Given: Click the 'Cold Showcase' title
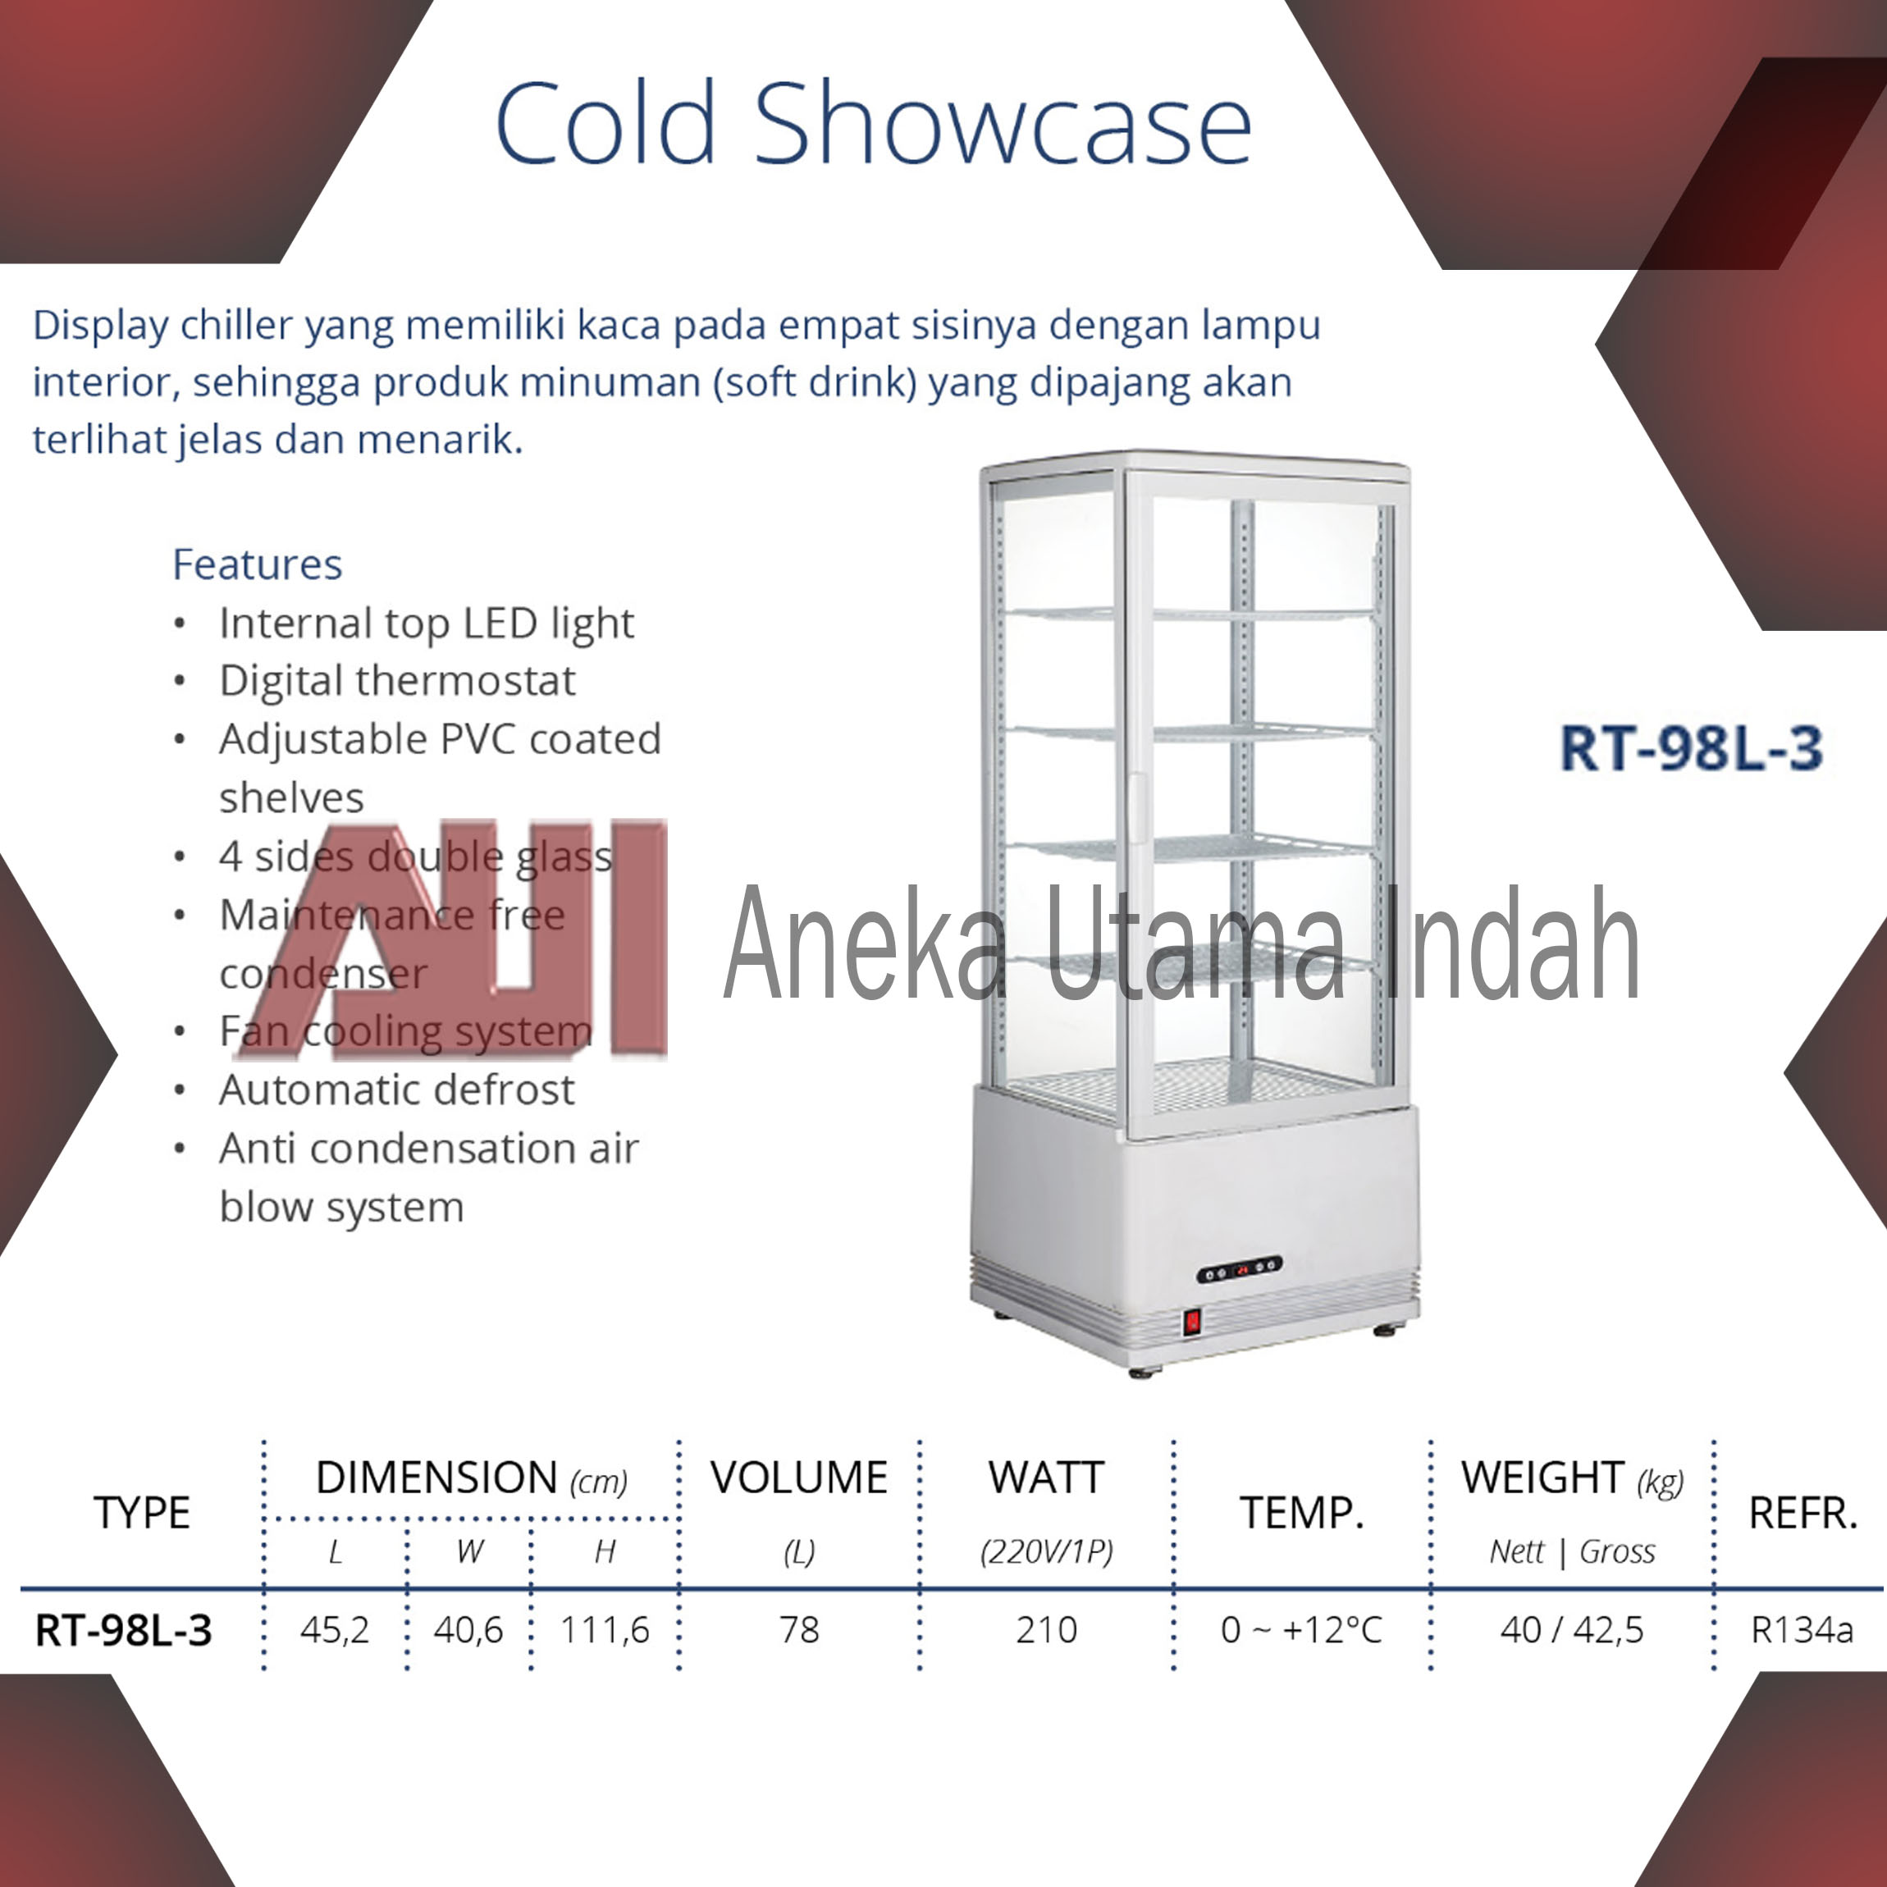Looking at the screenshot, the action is tap(873, 123).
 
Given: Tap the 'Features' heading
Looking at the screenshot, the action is tap(257, 564).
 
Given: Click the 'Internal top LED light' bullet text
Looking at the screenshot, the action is tap(427, 624).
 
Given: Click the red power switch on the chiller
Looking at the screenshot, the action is tap(1191, 1323).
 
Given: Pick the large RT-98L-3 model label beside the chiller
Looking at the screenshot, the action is tap(1691, 748).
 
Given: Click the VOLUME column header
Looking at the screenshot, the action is tap(799, 1478).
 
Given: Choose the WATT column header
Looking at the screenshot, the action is tap(1046, 1478).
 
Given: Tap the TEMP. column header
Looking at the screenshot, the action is tap(1302, 1513).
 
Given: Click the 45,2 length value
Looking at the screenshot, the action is tap(335, 1630).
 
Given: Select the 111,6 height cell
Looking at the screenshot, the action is tap(605, 1630).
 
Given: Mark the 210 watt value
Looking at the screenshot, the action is tap(1046, 1630).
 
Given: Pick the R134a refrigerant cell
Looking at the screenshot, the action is tap(1802, 1630).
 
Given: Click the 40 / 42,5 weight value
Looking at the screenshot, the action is tap(1571, 1630).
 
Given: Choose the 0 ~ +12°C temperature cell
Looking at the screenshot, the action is tap(1302, 1630).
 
